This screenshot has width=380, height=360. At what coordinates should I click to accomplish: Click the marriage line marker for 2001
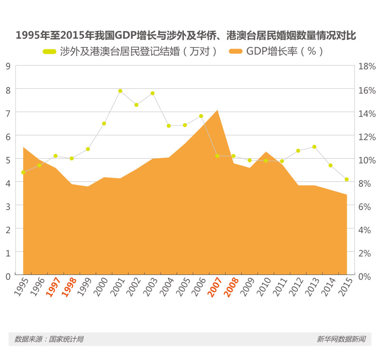tap(120, 91)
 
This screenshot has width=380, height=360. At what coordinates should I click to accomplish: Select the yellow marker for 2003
tap(152, 93)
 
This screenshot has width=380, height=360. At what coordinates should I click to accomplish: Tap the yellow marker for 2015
tap(347, 179)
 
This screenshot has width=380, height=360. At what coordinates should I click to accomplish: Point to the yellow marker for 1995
tap(23, 172)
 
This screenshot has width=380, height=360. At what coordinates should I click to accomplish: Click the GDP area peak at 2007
tap(217, 110)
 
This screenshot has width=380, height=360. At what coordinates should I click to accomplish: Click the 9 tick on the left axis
tap(7, 66)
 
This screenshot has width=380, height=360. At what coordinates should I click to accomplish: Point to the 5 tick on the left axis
tap(7, 159)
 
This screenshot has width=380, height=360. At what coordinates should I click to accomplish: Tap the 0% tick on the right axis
tap(365, 276)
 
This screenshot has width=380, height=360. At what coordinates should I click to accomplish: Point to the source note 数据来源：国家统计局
tap(49, 339)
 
